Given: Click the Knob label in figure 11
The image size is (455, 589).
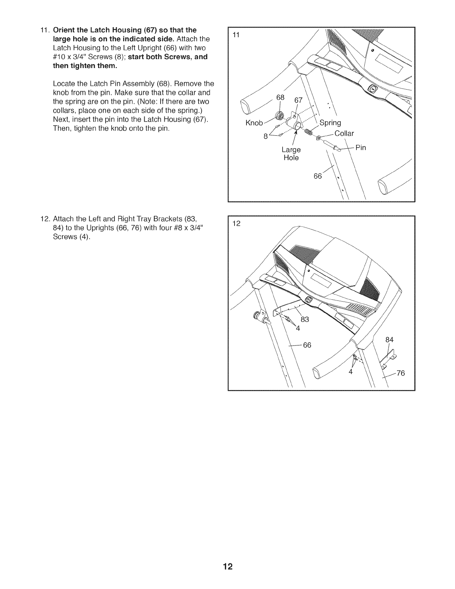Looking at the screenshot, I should click(x=254, y=123).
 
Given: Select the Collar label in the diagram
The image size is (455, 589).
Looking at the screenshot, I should click(x=344, y=133).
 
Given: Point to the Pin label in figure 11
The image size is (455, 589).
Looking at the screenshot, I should click(x=361, y=148).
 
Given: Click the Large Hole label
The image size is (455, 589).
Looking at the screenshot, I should click(x=291, y=154).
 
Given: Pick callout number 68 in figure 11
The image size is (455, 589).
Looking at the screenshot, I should click(x=280, y=98).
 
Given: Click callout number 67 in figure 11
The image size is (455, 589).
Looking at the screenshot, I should click(x=299, y=100).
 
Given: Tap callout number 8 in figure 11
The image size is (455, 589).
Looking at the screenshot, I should click(x=265, y=136).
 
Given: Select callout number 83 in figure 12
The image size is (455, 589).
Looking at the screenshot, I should click(x=305, y=319).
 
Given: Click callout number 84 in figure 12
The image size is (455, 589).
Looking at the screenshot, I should click(x=389, y=339).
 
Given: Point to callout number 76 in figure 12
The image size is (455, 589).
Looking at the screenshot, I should click(x=400, y=373).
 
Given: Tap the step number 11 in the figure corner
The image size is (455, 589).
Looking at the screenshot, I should click(x=236, y=35).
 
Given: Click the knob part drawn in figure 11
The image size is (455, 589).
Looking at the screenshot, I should click(x=278, y=116).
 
